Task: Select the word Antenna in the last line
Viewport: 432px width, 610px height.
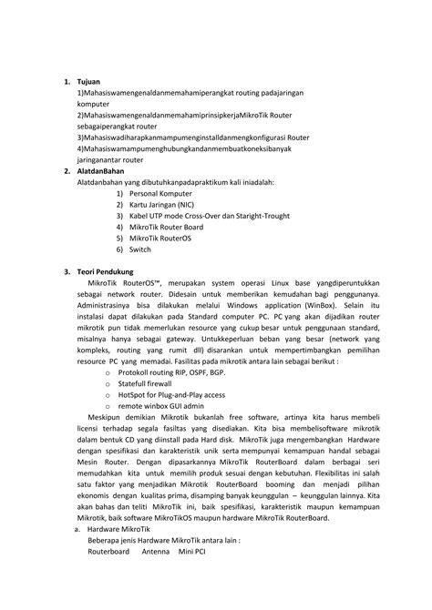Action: [156, 551]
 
